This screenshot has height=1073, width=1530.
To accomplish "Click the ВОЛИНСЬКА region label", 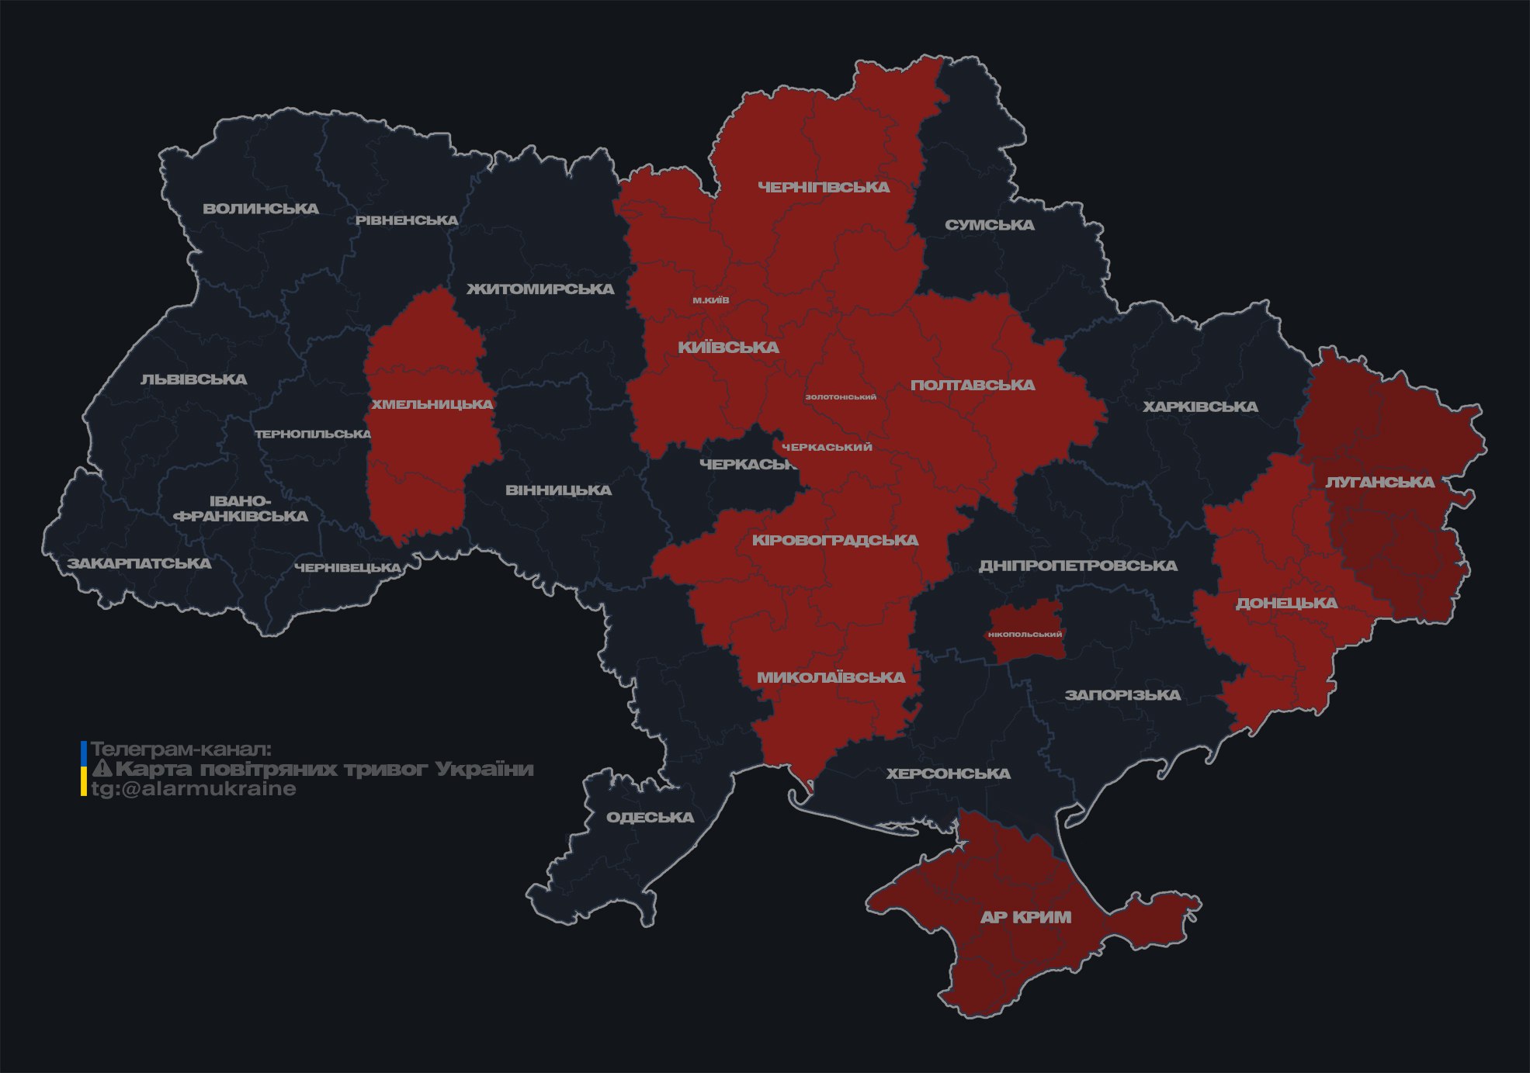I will pos(261,209).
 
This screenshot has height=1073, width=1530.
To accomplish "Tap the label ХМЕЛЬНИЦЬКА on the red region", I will pos(432,404).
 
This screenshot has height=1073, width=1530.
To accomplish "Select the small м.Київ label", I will pos(710,300).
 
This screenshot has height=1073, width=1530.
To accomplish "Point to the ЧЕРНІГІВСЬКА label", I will pos(824,187).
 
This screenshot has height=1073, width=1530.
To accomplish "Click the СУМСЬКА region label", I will pos(989,225).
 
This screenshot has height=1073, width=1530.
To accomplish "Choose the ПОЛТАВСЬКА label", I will pos(972,385).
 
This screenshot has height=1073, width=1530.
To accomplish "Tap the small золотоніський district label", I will pos(841,397).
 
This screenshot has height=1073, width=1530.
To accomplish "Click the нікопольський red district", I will pos(1025,634).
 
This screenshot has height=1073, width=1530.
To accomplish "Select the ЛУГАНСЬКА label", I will pos(1379,482).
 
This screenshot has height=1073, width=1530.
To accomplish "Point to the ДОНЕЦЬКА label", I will pos(1286,603).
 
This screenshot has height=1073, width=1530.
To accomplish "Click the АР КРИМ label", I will pos(1025,917).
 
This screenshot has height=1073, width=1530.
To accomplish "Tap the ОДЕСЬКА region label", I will pos(650,817).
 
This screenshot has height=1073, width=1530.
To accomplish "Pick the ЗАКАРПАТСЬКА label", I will pos(139,563).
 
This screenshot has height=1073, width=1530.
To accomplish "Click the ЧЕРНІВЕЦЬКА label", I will pos(347,568).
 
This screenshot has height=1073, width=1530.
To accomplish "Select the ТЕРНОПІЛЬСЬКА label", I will pos(313,434).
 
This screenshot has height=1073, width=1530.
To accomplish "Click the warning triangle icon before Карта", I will pos(102,769).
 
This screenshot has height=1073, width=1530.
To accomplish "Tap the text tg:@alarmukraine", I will pos(193,789).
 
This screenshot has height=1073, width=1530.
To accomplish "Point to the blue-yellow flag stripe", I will pos(84,769).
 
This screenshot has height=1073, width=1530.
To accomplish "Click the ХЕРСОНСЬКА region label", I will pos(948,774).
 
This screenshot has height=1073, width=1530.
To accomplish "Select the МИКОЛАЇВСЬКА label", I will pos(831,677).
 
